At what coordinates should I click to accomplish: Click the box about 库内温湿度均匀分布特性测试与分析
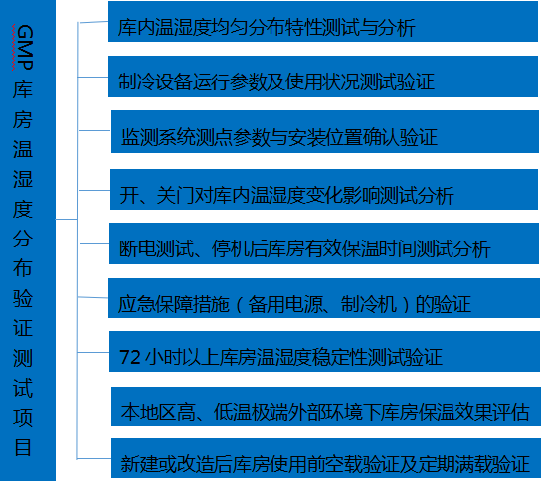coord(323,22)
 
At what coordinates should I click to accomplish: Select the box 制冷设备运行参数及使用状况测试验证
coord(323,77)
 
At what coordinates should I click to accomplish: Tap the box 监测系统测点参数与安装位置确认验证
coord(325,131)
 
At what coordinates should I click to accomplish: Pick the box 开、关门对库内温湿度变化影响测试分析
coord(324,190)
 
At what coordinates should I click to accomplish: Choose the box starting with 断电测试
coord(324,243)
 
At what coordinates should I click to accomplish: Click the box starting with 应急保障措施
coord(324,298)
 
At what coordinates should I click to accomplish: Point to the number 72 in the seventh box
coord(129,357)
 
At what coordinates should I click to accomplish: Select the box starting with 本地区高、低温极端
coord(326,406)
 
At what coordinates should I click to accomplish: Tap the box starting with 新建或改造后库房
coord(326,458)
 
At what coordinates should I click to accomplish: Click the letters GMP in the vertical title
coord(24,48)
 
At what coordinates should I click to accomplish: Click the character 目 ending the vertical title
coord(23,448)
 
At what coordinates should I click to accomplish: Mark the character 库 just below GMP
coord(23,89)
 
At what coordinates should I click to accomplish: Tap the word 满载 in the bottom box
coord(474,464)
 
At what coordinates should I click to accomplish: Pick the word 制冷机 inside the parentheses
coord(369,304)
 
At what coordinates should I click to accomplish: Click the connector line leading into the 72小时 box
coord(92,352)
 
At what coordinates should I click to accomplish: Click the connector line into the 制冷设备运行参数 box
coord(92,77)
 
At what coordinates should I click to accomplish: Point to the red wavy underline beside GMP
coord(13,48)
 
